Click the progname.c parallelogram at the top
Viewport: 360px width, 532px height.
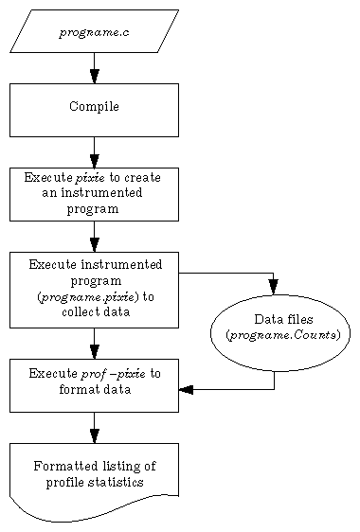[94, 31]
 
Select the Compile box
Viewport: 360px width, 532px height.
[94, 109]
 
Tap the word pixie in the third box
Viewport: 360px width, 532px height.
[92, 177]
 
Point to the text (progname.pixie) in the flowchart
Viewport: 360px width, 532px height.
[94, 296]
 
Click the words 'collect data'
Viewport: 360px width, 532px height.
[94, 311]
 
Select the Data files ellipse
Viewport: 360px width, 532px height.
[279, 332]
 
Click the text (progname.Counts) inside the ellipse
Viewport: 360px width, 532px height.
[282, 335]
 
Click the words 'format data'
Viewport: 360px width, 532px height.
[94, 389]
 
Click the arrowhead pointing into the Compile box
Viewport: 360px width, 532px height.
[94, 76]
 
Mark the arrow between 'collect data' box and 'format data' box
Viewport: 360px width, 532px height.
[94, 343]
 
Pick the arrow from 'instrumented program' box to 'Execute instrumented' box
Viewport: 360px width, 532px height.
[94, 236]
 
